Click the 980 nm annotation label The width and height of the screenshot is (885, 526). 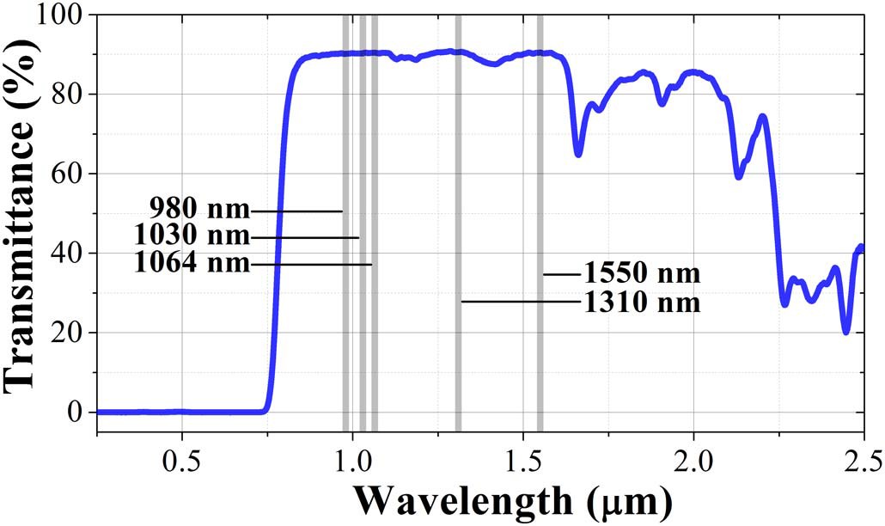tap(198, 209)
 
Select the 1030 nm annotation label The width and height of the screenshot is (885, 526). tap(192, 235)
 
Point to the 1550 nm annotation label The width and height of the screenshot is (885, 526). tap(643, 274)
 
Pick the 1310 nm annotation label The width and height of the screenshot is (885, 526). tap(643, 303)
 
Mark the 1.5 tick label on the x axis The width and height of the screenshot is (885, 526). tap(523, 452)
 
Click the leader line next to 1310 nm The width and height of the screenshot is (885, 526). tap(521, 302)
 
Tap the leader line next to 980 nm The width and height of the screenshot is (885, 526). tap(296, 211)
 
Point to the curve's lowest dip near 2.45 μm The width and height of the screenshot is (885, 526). tap(846, 332)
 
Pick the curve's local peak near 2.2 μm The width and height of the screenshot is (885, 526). tap(762, 116)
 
